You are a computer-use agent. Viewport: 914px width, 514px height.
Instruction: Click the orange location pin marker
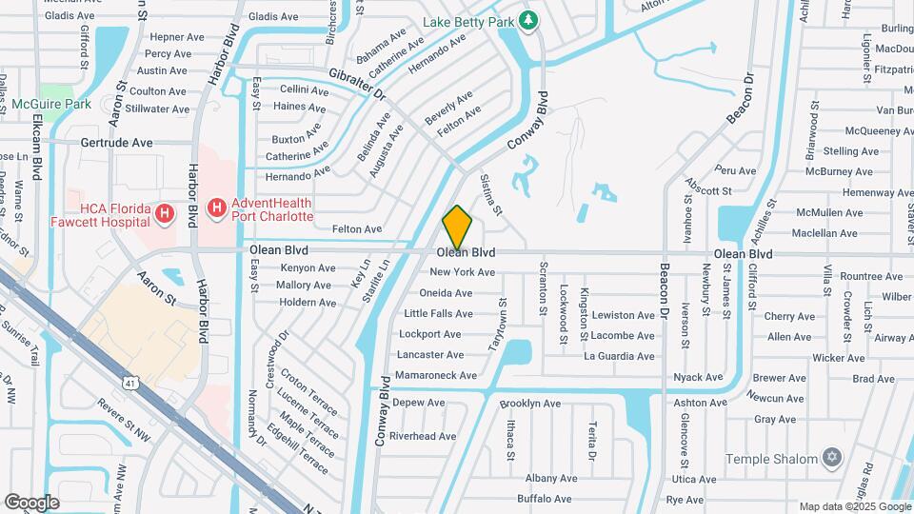pos(457,227)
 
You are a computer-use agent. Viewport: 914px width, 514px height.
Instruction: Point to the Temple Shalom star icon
pos(833,458)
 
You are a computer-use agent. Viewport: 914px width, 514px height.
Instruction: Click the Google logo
pos(31,502)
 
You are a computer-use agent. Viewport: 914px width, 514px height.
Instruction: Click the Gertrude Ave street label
pos(116,143)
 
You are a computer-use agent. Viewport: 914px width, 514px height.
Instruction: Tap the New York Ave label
pos(463,272)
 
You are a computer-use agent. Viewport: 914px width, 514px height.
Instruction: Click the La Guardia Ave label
pos(619,356)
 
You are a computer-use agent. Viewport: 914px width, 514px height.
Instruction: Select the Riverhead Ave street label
pos(423,436)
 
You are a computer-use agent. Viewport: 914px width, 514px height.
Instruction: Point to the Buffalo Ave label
pos(544,499)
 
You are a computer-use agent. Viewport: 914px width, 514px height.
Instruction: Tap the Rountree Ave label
pos(870,276)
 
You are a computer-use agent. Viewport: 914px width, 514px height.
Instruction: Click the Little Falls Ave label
pos(438,313)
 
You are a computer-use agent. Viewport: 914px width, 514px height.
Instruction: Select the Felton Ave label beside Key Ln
pos(357,229)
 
